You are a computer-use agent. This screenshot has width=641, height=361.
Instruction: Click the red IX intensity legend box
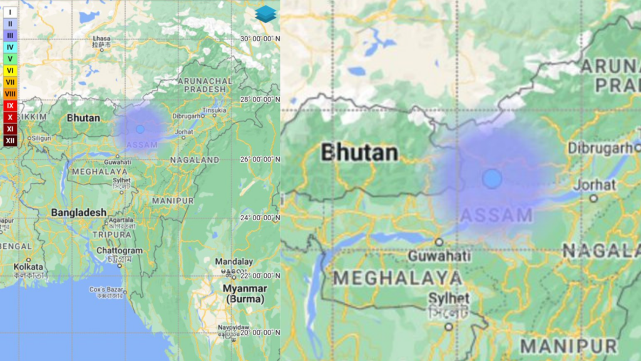pos(10,106)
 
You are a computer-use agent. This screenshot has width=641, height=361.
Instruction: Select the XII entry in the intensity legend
pos(10,141)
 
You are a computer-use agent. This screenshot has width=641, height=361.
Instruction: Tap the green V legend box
pos(10,59)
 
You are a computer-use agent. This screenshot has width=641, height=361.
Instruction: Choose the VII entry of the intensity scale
pos(10,82)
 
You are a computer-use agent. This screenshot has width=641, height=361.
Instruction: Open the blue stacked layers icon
pos(265,14)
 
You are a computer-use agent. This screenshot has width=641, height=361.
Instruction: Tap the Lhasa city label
pos(101,38)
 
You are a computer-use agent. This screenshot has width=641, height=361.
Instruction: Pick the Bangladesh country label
pos(78,213)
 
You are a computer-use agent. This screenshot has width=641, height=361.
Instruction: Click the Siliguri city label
pos(41,138)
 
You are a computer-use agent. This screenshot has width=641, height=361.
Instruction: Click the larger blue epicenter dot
pos(492,178)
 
